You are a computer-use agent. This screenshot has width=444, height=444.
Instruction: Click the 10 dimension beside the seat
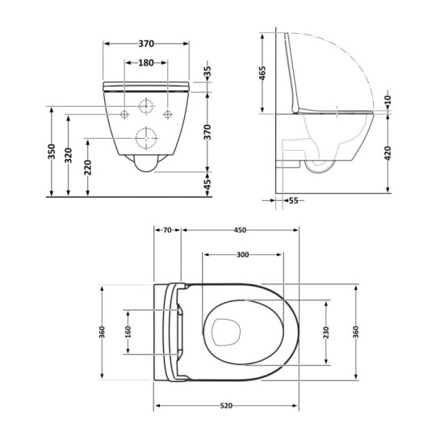[x=388, y=99]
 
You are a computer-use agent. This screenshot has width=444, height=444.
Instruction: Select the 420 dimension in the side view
[x=388, y=153]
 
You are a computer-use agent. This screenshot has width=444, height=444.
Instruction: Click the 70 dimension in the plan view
[x=167, y=230]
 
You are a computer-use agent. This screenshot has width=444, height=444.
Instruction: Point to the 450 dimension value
[x=240, y=230]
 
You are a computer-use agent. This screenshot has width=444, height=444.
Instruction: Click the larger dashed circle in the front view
[x=145, y=138]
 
